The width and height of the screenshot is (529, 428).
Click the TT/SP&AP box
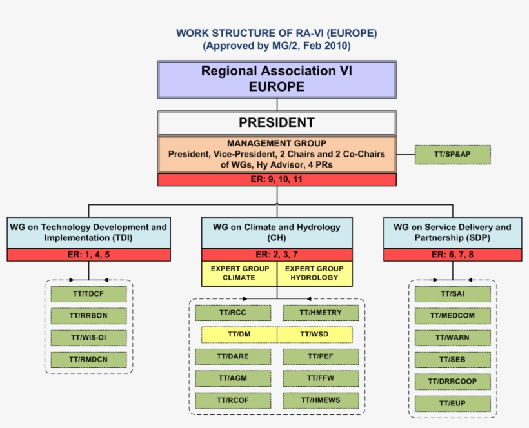pos(452,155)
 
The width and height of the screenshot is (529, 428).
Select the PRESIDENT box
pos(277,123)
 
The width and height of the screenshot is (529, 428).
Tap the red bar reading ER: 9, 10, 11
pos(277,180)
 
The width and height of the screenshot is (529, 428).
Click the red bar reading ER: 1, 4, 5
pos(89,255)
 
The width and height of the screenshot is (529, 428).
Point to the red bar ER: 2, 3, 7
pos(277,255)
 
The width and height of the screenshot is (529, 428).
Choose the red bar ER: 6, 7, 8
pos(452,255)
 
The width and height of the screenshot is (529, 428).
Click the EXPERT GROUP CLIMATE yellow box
pos(239,273)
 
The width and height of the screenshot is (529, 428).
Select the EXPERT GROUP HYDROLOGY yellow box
pos(315,273)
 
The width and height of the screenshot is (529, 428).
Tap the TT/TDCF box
pos(89,295)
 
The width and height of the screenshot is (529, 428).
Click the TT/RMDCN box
pos(89,360)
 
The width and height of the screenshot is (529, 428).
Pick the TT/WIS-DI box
pos(89,338)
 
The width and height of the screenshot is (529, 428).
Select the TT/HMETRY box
pos(321,313)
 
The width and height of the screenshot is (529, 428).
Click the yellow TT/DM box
pos(239,335)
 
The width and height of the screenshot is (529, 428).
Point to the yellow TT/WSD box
pos(315,335)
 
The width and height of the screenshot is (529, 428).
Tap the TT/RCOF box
pos(234,400)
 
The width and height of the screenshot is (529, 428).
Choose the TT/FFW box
pos(321,378)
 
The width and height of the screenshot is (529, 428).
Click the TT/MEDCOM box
pos(452,316)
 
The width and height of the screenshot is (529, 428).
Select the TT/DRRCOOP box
pos(452,382)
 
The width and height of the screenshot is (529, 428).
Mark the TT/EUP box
pos(452,404)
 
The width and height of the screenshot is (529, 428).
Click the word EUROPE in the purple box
pos(277,86)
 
